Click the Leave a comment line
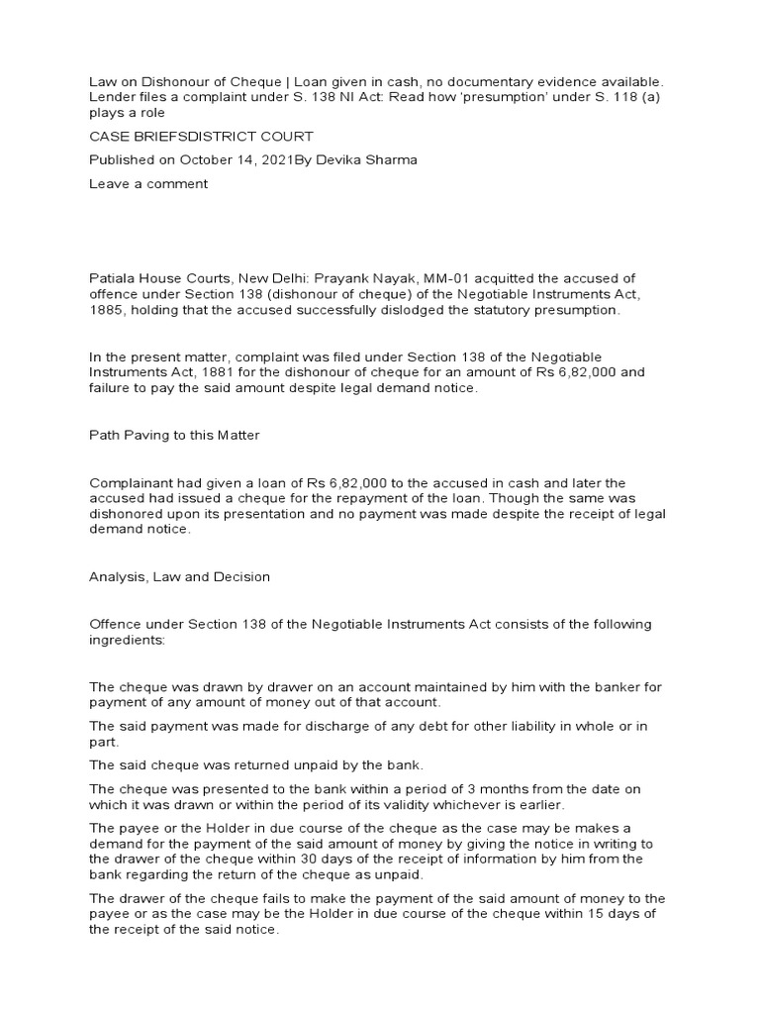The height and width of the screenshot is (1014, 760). [148, 184]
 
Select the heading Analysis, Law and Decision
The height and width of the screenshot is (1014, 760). [179, 576]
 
